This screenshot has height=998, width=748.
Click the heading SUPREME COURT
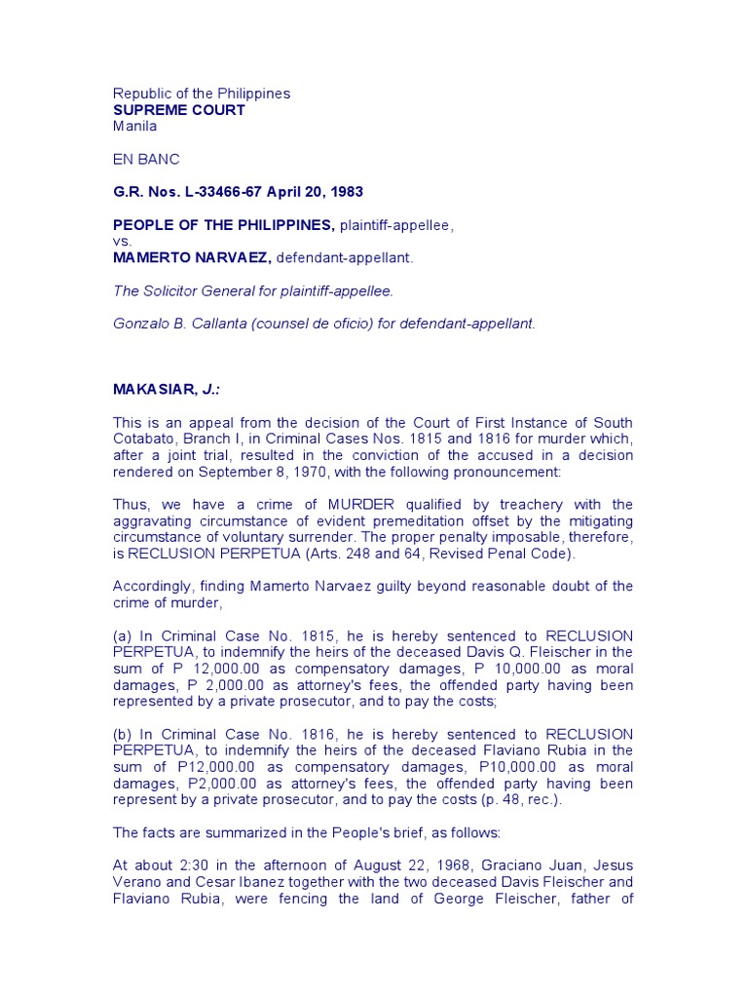tap(179, 110)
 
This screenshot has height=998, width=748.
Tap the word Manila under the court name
tap(134, 126)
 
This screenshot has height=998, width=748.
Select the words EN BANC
tap(146, 159)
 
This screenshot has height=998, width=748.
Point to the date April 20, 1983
tap(317, 192)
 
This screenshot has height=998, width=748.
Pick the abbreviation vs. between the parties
tap(123, 242)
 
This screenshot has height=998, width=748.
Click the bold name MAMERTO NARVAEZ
tap(191, 258)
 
